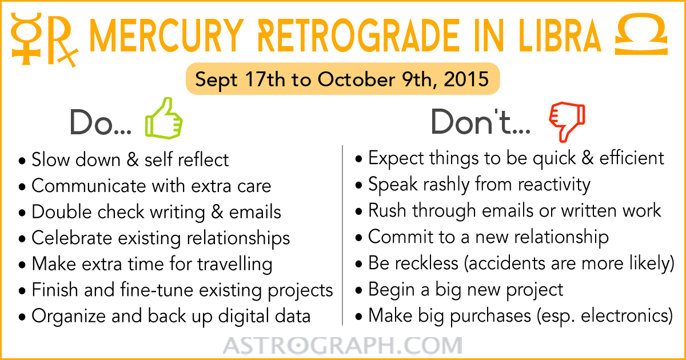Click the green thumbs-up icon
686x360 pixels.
pos(164,119)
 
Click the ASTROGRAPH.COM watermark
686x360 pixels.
pos(342,345)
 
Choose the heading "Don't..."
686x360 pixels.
pos(480,122)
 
